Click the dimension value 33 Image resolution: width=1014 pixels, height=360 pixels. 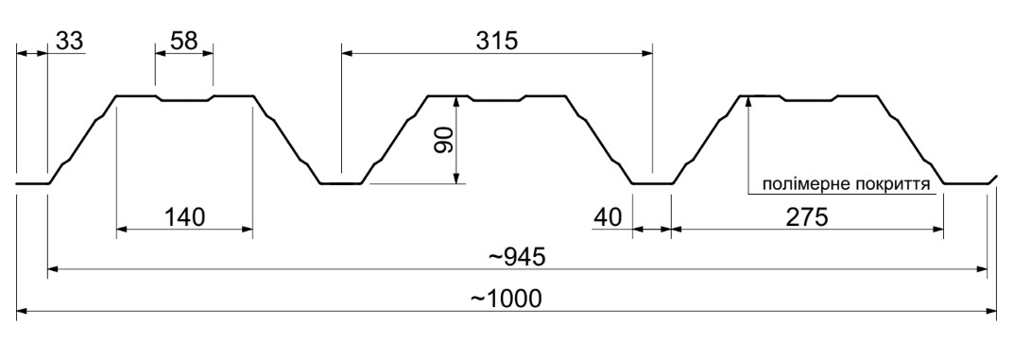[70, 41]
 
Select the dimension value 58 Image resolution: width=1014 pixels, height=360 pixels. [183, 41]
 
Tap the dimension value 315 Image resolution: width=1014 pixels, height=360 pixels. [497, 41]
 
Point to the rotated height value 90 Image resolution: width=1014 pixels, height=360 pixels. [443, 140]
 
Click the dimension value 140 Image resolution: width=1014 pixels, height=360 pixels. [183, 217]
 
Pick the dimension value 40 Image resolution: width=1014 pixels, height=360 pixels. [608, 217]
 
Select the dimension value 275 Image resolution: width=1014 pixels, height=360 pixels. [806, 217]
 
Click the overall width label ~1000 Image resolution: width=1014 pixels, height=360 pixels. [506, 300]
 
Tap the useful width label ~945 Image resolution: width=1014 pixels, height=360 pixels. [517, 257]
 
